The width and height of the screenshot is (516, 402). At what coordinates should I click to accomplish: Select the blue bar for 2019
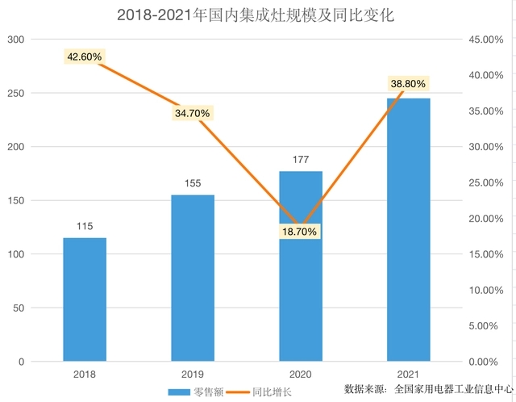point(193,278)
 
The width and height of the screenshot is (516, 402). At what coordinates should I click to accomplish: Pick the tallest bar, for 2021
point(408,230)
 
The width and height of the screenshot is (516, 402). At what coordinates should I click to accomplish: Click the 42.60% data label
point(85,57)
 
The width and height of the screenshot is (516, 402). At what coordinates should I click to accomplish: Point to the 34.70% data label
point(192,113)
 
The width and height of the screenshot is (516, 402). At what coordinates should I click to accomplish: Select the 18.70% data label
point(300,232)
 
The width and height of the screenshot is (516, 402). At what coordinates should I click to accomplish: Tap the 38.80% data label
point(407,83)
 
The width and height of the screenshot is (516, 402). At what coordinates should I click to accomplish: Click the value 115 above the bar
point(85,226)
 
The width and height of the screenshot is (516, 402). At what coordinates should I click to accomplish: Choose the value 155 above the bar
point(193,183)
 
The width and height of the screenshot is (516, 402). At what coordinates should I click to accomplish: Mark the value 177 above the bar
point(301,160)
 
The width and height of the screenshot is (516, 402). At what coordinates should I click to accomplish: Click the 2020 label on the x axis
point(301,375)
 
